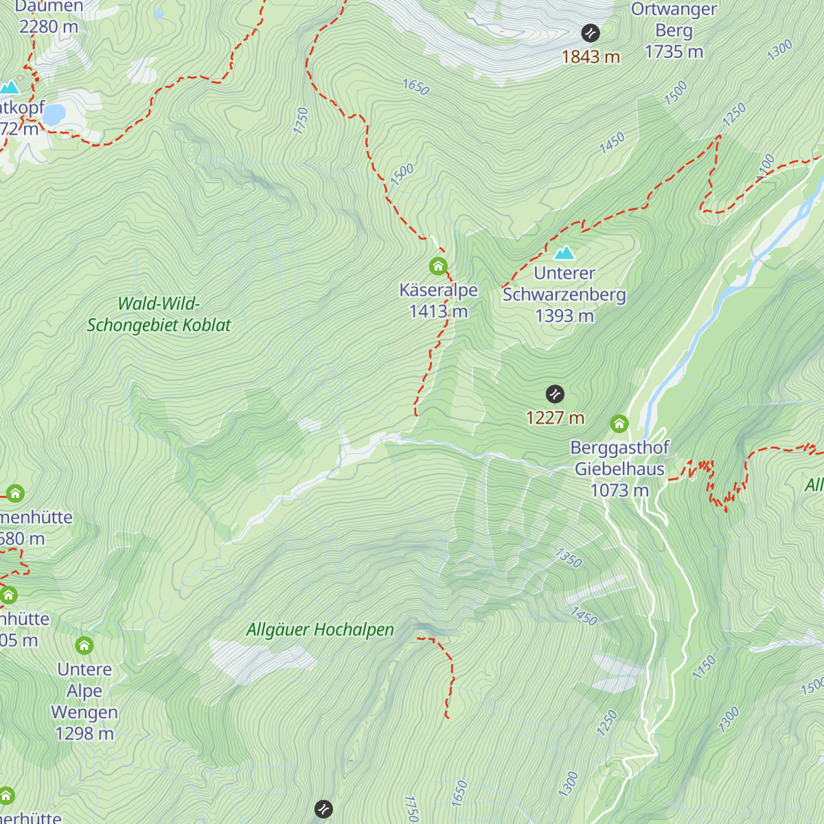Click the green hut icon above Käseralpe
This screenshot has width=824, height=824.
tap(438, 266)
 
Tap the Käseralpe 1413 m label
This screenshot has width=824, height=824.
tap(438, 301)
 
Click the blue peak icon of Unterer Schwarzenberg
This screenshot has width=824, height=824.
tap(564, 252)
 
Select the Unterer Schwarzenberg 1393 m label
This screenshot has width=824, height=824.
tap(564, 295)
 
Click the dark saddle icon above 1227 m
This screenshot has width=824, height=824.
tap(555, 394)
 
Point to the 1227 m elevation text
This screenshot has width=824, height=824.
tap(555, 417)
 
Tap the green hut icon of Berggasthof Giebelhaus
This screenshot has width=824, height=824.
tap(619, 423)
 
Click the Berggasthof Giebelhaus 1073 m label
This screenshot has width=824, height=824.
tap(619, 469)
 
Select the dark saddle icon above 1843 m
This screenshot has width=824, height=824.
tap(591, 33)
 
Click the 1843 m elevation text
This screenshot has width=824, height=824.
tap(591, 57)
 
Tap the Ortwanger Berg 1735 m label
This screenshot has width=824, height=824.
tap(674, 31)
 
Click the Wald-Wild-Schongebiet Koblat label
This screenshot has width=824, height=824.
tap(159, 314)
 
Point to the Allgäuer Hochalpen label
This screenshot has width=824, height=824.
tap(320, 630)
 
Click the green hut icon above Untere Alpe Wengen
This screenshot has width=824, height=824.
tap(84, 645)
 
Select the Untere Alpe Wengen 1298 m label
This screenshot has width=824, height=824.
tap(84, 701)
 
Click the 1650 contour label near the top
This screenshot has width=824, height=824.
tap(415, 87)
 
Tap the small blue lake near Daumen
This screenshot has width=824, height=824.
tap(54, 114)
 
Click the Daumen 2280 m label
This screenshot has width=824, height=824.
tap(48, 17)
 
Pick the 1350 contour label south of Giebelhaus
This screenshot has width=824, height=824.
tap(569, 558)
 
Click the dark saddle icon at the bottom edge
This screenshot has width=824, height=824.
tap(323, 809)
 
